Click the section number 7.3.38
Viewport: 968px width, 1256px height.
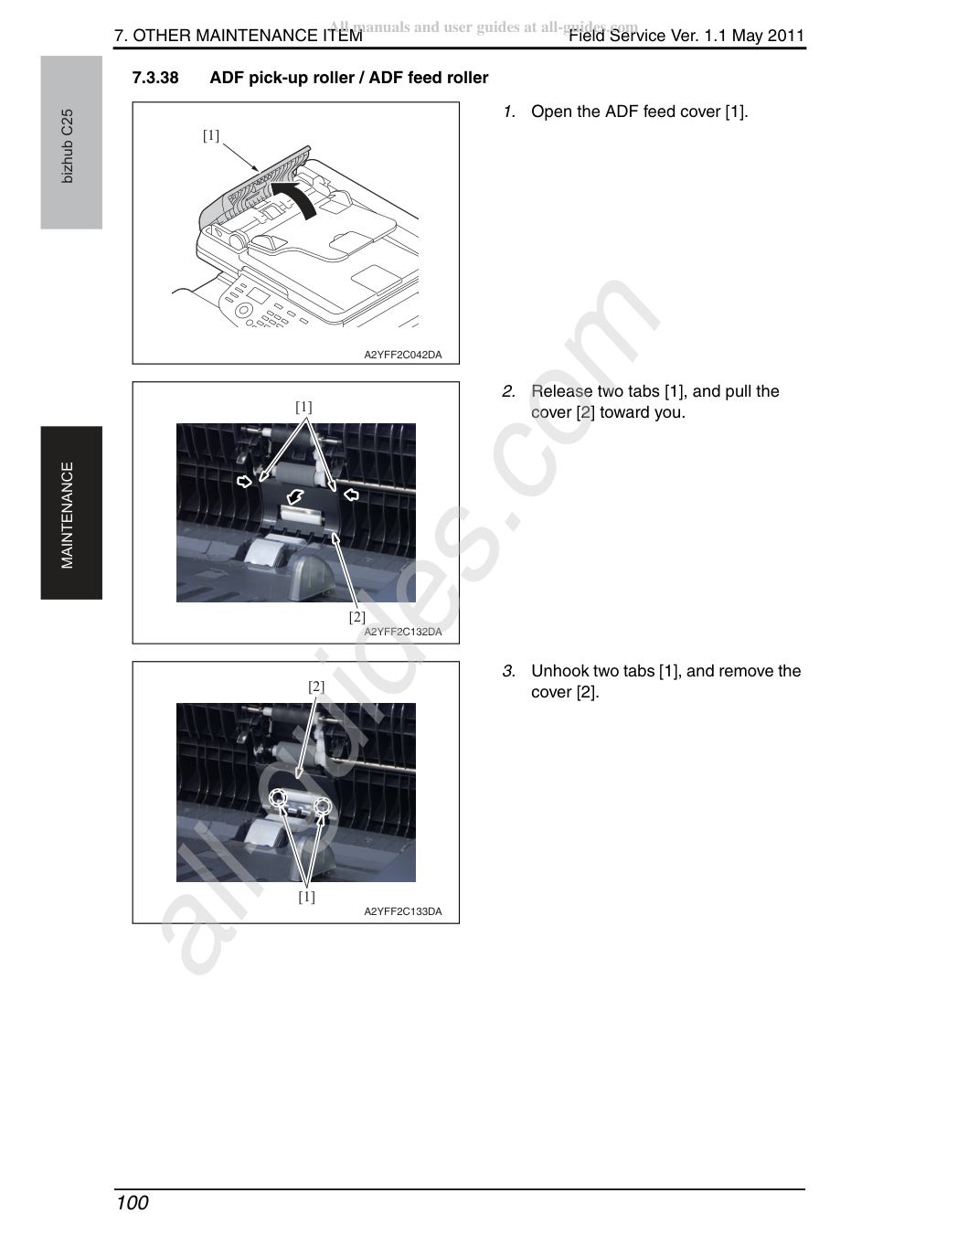click(154, 78)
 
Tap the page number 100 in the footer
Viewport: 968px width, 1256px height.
click(133, 1202)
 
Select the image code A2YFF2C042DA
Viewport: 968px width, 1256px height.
click(403, 355)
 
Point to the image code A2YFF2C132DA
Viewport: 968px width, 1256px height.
click(403, 632)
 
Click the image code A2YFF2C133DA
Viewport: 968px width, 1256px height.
click(403, 911)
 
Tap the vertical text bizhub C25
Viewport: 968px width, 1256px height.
click(67, 146)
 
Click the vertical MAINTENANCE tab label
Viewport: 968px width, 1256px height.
click(67, 515)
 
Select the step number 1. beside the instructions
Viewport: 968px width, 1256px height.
click(509, 112)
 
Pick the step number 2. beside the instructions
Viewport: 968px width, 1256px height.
click(509, 391)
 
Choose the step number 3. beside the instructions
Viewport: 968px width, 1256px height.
click(509, 671)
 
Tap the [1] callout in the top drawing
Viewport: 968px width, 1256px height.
click(211, 135)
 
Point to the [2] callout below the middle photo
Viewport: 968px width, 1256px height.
click(357, 617)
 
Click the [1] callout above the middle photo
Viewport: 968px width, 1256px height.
click(304, 407)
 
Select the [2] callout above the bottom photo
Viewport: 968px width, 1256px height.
click(316, 687)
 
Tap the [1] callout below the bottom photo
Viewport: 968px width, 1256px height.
click(307, 897)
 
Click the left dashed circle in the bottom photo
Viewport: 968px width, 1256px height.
click(278, 798)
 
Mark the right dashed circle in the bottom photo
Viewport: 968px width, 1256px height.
click(323, 804)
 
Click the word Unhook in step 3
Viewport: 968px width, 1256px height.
click(558, 671)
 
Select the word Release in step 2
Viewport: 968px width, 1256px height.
click(562, 391)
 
